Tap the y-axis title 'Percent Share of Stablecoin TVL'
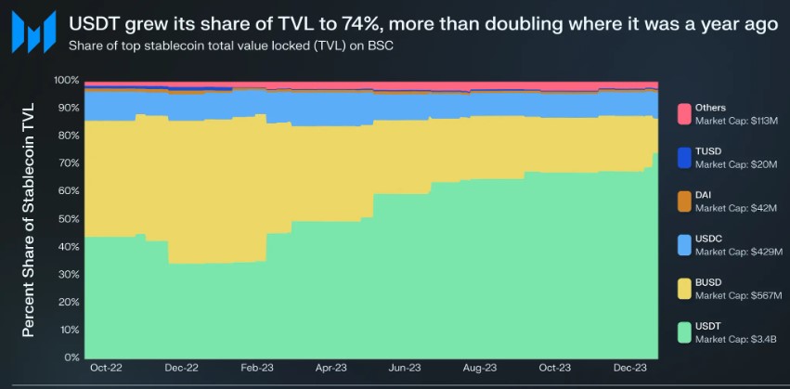[29, 219]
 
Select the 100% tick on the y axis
[67, 80]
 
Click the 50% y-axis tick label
[69, 219]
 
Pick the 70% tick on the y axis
[69, 163]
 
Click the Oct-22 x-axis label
[106, 369]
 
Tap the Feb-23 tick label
[256, 369]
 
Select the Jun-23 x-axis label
[406, 369]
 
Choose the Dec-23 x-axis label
[629, 369]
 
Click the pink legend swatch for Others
[684, 113]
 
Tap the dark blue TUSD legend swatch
[684, 157]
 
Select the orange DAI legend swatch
[684, 201]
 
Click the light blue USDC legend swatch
[684, 244]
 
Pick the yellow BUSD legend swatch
[684, 289]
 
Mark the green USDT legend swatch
[684, 332]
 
